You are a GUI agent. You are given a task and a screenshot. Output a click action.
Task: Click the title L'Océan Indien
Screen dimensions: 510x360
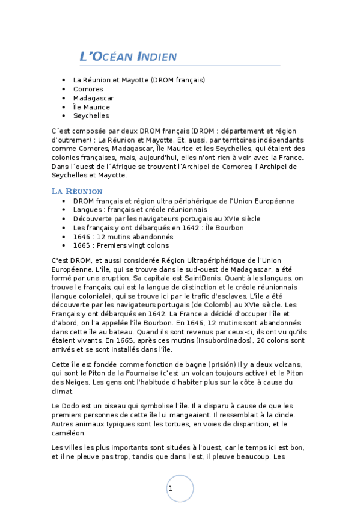click(128, 57)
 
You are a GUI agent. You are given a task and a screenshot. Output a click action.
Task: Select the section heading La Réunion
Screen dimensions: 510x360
click(77, 191)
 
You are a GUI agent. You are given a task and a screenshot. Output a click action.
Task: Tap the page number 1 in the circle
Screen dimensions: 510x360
click(171, 488)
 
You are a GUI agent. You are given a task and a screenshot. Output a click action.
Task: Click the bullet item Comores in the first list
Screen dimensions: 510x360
click(88, 89)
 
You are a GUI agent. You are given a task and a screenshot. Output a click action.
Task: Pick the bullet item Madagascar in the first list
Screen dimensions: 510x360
click(93, 98)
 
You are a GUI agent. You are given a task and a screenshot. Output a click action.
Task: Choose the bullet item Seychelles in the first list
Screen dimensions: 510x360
click(91, 116)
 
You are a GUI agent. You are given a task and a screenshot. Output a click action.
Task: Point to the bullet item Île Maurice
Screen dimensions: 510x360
click(91, 107)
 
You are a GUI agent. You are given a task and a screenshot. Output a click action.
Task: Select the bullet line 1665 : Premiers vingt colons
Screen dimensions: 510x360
click(121, 246)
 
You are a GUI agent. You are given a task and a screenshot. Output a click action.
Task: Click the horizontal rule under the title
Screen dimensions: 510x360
click(180, 65)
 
